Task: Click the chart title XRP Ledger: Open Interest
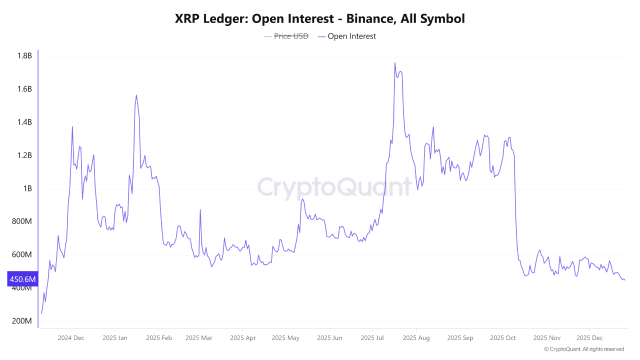pyautogui.click(x=320, y=19)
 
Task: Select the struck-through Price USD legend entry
pyautogui.click(x=291, y=36)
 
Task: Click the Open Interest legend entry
pyautogui.click(x=351, y=36)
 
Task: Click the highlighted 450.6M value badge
pyautogui.click(x=22, y=279)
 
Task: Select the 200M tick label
pyautogui.click(x=22, y=321)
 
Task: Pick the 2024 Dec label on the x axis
pyautogui.click(x=71, y=338)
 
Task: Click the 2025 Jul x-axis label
pyautogui.click(x=372, y=338)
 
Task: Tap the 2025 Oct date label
pyautogui.click(x=502, y=338)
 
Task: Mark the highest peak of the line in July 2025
pyautogui.click(x=394, y=63)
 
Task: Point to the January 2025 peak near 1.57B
pyautogui.click(x=136, y=95)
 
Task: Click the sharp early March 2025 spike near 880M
pyautogui.click(x=200, y=210)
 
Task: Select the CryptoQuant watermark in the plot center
pyautogui.click(x=334, y=187)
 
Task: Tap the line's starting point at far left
pyautogui.click(x=41, y=313)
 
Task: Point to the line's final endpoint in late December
pyautogui.click(x=624, y=280)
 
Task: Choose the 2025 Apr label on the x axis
pyautogui.click(x=242, y=338)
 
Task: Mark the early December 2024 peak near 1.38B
pyautogui.click(x=72, y=126)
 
